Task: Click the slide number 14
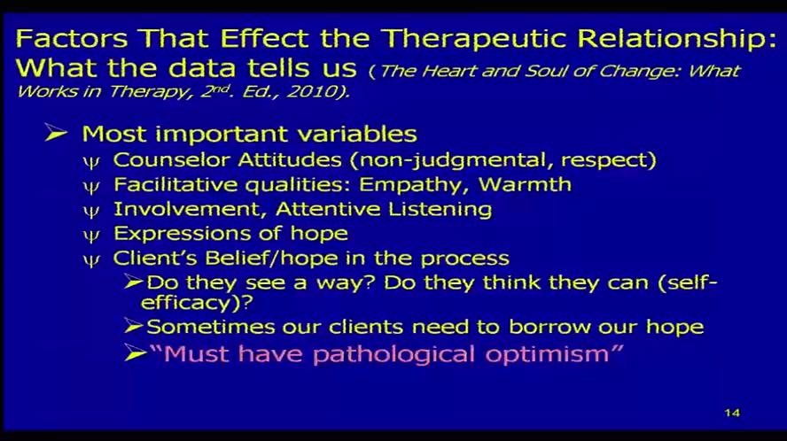pyautogui.click(x=731, y=413)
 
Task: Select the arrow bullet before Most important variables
pyautogui.click(x=57, y=135)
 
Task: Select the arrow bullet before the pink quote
pyautogui.click(x=134, y=353)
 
